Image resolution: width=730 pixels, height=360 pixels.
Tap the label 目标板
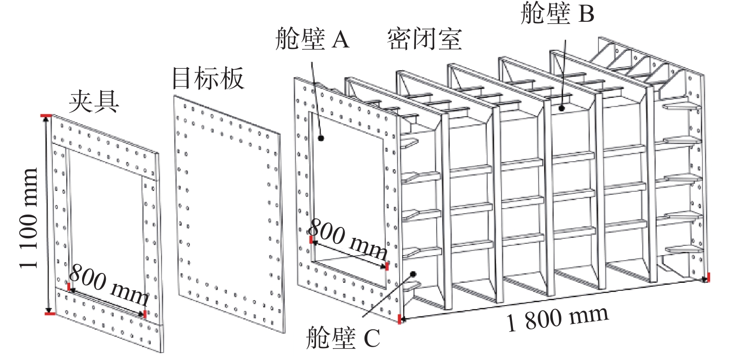tap(208, 79)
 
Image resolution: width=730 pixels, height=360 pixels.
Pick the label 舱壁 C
tap(342, 339)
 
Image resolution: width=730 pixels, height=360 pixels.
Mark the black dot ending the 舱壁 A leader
tap(321, 139)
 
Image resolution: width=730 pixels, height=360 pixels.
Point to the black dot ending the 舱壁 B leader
tap(562, 107)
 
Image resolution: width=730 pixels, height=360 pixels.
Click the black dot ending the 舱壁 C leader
tap(413, 273)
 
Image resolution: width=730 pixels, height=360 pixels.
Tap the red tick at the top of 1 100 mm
tap(46, 116)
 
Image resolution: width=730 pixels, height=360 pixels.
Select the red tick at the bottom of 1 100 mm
tap(48, 313)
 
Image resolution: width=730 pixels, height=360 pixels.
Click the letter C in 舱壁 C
tap(371, 339)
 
